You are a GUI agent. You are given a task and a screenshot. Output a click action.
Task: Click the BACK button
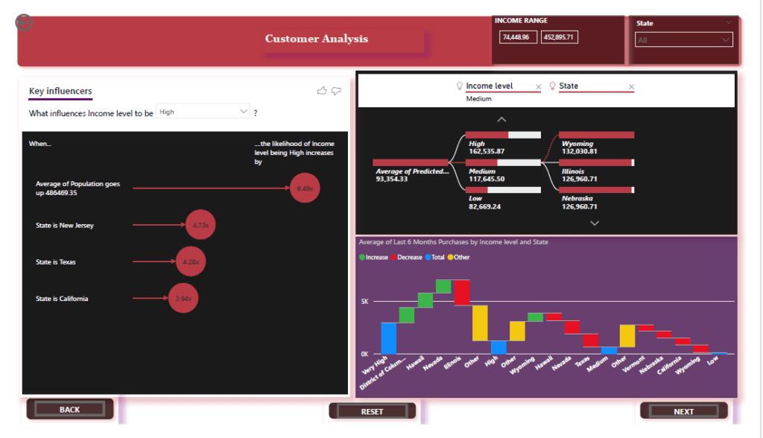click(69, 409)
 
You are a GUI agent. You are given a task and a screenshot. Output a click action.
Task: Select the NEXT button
click(683, 411)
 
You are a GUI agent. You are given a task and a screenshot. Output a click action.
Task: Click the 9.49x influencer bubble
click(304, 188)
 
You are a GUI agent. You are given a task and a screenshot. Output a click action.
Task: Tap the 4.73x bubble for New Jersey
click(200, 225)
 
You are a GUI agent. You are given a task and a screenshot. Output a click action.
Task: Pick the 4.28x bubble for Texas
click(191, 262)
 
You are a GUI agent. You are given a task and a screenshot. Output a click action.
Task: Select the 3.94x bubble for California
click(183, 299)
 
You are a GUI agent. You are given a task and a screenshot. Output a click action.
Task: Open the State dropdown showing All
click(683, 40)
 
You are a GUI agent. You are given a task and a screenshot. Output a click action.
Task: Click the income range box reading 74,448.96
click(518, 37)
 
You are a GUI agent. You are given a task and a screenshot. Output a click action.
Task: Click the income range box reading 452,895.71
click(559, 37)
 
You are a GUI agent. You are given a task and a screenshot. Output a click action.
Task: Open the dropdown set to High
click(203, 112)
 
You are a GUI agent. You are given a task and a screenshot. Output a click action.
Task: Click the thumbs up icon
click(322, 91)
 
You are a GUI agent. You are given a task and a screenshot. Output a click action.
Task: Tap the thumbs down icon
click(336, 91)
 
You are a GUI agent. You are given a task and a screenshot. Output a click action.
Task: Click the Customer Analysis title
click(317, 39)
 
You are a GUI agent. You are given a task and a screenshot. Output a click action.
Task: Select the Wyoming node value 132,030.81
click(579, 151)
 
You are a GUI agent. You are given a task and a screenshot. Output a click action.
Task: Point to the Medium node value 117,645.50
click(487, 179)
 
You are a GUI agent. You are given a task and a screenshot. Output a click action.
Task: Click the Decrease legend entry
click(407, 257)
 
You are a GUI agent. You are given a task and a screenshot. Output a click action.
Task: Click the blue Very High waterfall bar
click(388, 338)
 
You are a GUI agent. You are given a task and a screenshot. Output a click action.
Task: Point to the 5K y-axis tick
click(365, 302)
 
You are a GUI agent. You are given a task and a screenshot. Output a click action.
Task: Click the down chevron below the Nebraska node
click(594, 223)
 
